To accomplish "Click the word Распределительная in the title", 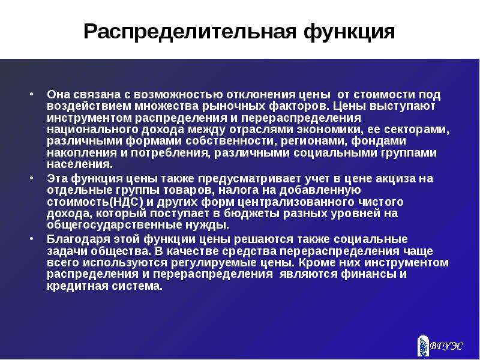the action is point(190,32).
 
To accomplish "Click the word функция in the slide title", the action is point(349,32).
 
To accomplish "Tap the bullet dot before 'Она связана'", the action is point(31,94).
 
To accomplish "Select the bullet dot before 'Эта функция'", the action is point(31,178).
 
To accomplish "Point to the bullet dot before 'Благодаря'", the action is point(31,238).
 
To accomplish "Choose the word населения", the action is point(80,164).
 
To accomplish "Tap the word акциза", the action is point(395,178).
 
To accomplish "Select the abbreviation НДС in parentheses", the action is point(127,202).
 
